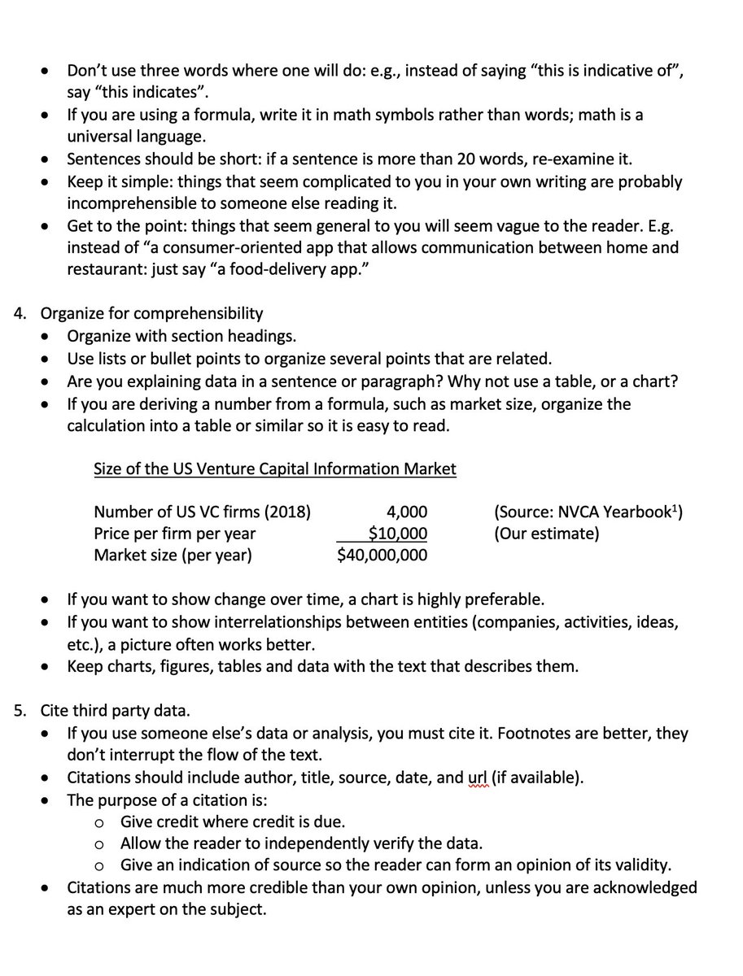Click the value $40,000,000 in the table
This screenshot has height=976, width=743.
pos(382,556)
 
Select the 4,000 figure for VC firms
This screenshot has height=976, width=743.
pos(406,512)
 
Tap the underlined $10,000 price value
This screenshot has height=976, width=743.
pos(397,534)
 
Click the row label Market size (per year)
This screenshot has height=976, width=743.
pos(173,556)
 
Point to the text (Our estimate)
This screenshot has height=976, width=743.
pos(546,534)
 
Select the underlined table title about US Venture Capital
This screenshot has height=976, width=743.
pos(275,469)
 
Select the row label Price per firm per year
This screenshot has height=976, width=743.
pos(174,534)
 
